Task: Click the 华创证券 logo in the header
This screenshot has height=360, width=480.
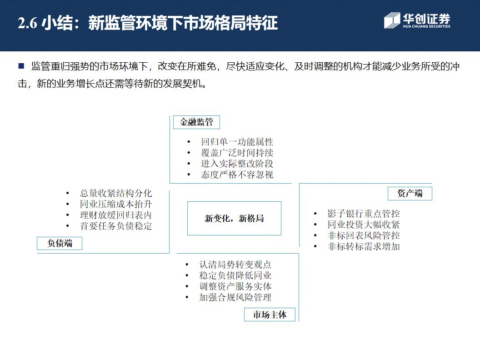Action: (417, 21)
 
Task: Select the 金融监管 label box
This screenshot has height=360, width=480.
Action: (196, 122)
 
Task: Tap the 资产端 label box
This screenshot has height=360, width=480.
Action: (410, 193)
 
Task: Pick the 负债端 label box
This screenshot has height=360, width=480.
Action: (60, 243)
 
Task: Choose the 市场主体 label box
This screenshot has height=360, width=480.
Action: (270, 315)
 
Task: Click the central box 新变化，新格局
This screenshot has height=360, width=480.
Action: (234, 219)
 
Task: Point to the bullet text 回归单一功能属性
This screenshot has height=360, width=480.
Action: (237, 142)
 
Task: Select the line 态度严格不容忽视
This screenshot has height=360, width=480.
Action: (237, 175)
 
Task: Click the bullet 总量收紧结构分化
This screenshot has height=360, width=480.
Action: (115, 193)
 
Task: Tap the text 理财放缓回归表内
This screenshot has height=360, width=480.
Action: (115, 215)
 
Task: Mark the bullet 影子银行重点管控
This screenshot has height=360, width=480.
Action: (363, 214)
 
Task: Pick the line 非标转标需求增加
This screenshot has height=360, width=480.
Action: (363, 246)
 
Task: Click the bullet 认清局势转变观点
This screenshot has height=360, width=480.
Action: (235, 265)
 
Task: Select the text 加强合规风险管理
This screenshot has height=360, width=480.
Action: (235, 297)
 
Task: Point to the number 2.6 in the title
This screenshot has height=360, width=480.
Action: (27, 24)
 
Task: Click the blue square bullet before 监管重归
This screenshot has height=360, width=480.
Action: (21, 66)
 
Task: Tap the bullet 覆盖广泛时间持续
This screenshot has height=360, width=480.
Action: (237, 153)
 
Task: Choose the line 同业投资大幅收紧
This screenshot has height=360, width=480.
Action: (363, 225)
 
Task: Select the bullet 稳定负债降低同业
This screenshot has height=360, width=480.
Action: (235, 275)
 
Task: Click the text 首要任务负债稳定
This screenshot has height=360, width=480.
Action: (115, 226)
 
